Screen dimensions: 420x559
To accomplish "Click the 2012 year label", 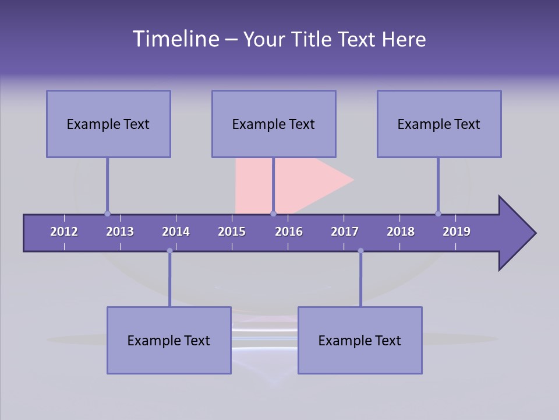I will [x=64, y=232].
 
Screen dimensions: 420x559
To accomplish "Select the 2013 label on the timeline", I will [x=120, y=232].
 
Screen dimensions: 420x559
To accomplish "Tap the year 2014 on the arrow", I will [x=176, y=232].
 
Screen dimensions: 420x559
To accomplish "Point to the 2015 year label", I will [x=232, y=232].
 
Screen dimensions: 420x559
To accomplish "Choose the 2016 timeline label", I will [x=289, y=232].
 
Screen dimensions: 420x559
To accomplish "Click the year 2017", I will [x=345, y=232].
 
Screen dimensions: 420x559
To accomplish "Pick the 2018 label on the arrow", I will [x=401, y=232].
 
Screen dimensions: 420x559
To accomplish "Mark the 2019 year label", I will [x=457, y=232].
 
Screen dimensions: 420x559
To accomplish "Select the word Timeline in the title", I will [x=175, y=39].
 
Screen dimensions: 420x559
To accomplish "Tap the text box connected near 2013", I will [x=108, y=124].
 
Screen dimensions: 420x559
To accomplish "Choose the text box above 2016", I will [x=274, y=124].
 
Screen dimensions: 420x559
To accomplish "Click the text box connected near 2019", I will [x=439, y=124].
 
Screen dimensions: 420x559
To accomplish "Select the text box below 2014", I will [x=169, y=340].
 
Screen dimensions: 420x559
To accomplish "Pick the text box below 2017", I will [x=360, y=340].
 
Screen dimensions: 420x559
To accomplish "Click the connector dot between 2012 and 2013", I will [x=107, y=213].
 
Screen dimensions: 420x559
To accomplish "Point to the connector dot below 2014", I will [x=169, y=251].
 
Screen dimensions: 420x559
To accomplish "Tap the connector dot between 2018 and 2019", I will [x=438, y=213].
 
